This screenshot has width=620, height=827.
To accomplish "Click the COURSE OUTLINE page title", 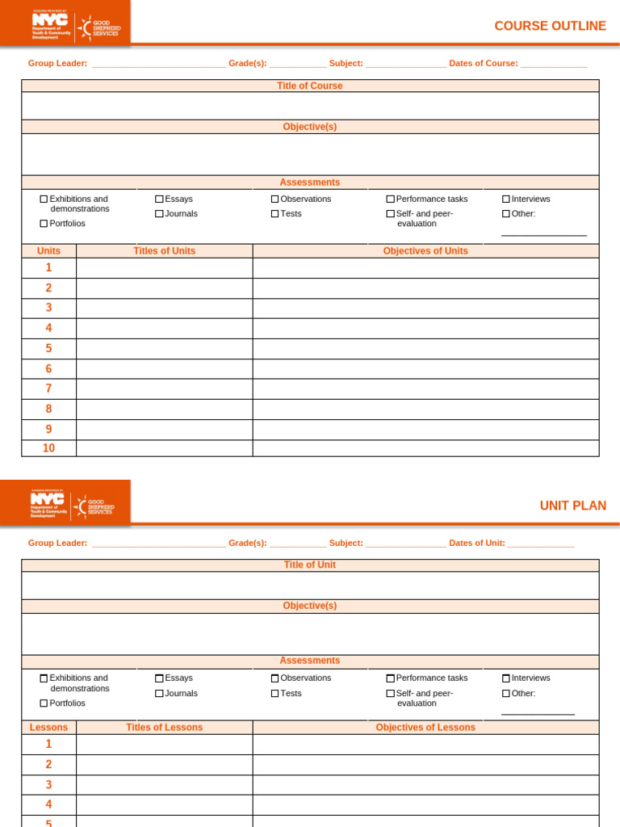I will (x=550, y=26).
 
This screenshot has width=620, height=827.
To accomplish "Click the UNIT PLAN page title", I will (x=572, y=506).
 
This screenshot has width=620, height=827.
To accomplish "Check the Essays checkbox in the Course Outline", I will (x=160, y=199).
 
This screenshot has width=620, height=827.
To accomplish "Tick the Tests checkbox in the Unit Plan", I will (x=275, y=693).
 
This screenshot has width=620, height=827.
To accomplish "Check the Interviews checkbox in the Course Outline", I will (x=506, y=199).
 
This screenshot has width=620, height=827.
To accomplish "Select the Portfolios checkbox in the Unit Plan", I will (x=44, y=703).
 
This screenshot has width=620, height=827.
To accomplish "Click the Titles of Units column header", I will (x=164, y=251).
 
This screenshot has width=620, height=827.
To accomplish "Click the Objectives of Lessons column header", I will (x=425, y=728).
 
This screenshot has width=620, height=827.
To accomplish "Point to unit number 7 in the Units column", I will (x=48, y=388).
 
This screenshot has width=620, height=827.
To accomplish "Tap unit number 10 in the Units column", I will (x=48, y=448).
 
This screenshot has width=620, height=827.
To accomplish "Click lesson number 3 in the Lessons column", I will (x=48, y=784).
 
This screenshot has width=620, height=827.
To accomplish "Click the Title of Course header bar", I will (x=310, y=86).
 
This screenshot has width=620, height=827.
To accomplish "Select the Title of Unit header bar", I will (x=310, y=565).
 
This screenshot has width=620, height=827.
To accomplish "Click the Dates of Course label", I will (x=484, y=63).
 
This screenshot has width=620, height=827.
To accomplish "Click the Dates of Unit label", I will (x=477, y=543).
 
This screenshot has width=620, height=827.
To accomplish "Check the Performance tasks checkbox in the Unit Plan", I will (x=391, y=678).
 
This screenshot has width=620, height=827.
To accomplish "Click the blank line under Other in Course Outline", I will (x=543, y=234).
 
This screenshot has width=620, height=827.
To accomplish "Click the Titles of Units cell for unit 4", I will (x=164, y=328).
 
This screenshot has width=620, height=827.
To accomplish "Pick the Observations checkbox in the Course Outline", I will (x=275, y=199).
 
